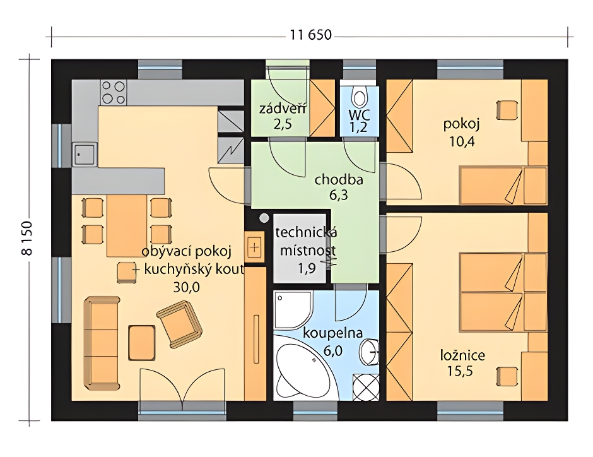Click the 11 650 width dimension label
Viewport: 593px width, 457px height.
tap(311, 35)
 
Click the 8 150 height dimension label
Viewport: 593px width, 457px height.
tap(28, 239)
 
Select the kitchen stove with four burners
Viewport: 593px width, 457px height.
tap(114, 92)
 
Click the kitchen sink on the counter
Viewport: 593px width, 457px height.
tap(84, 154)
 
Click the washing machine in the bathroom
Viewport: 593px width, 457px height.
tap(366, 387)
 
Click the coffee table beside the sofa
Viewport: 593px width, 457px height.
tap(141, 343)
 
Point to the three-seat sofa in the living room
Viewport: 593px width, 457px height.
tap(102, 343)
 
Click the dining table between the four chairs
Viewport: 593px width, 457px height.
tap(127, 225)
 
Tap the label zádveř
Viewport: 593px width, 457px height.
tap(282, 109)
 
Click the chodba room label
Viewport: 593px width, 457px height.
tap(339, 179)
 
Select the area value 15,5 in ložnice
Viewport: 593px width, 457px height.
tap(460, 371)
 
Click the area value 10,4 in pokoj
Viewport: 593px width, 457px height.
tap(462, 141)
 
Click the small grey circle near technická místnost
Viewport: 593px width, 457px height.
tap(264, 218)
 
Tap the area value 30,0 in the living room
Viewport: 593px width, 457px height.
tap(186, 287)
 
